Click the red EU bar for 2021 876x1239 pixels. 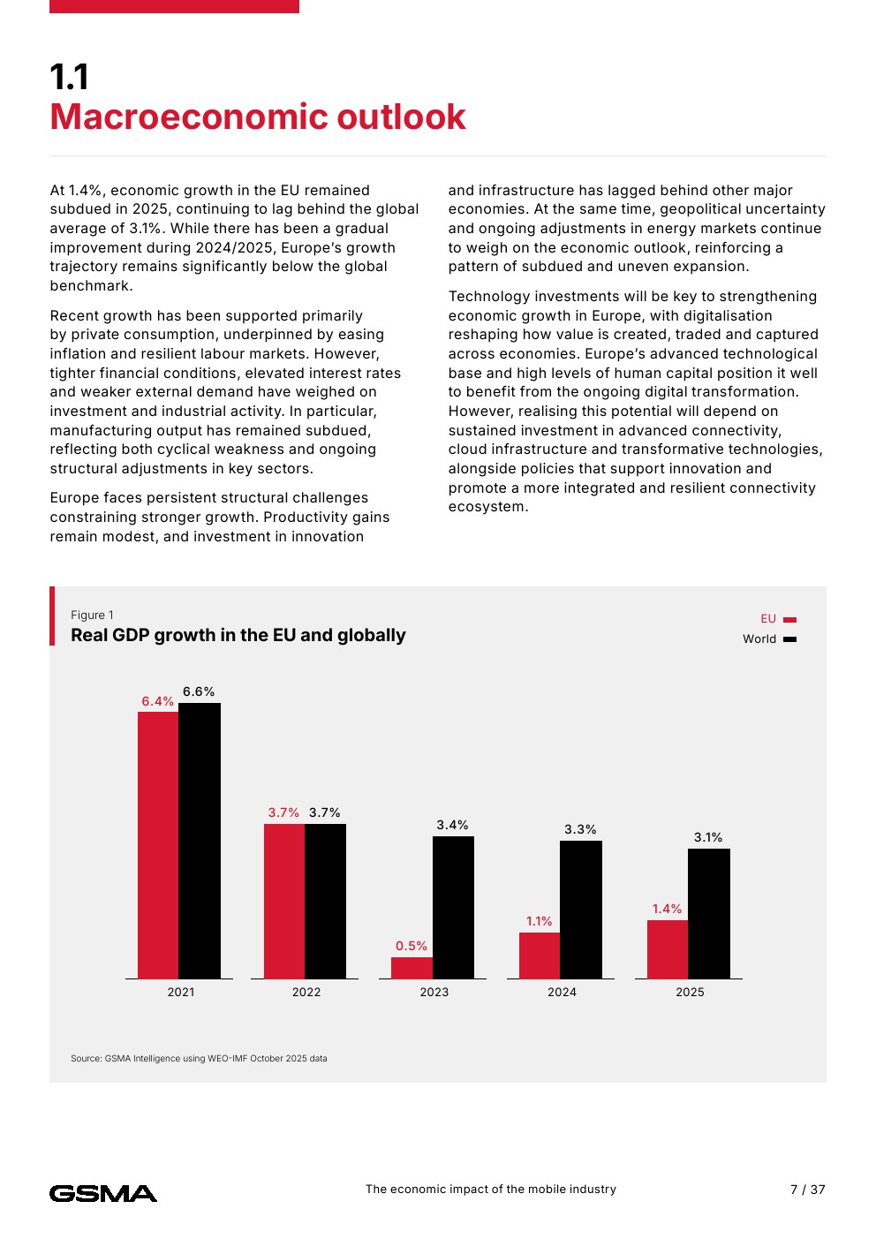(x=158, y=845)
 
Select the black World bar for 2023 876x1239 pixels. (x=454, y=907)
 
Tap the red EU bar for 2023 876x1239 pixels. (x=412, y=968)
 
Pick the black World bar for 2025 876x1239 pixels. (x=709, y=914)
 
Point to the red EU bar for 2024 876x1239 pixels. (x=540, y=956)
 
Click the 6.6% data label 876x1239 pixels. (x=199, y=691)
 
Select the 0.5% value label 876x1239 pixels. (x=412, y=946)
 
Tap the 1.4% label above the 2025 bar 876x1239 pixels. (x=667, y=909)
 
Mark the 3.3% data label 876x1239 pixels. (x=580, y=829)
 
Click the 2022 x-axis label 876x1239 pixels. (x=306, y=992)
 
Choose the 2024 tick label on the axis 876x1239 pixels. (x=562, y=992)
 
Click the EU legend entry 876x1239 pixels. (x=778, y=619)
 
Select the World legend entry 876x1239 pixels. (x=769, y=638)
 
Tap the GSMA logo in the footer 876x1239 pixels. (x=102, y=1194)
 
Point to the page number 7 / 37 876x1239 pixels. (x=808, y=1190)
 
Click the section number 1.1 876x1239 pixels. (x=69, y=77)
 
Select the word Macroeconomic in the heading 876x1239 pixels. (x=189, y=117)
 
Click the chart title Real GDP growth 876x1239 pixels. (x=238, y=635)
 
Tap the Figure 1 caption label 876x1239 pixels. (x=92, y=615)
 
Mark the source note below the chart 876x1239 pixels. (x=199, y=1058)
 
